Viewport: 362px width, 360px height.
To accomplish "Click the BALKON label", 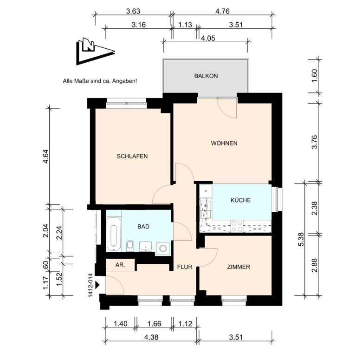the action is click(x=206, y=76).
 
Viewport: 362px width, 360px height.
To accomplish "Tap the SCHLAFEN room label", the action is click(x=132, y=156).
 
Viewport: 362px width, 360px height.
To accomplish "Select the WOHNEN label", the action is click(x=224, y=143).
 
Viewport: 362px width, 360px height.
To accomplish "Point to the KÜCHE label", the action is click(x=240, y=200).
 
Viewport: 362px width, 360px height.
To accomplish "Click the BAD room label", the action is click(x=143, y=226).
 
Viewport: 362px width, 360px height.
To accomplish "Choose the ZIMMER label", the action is click(x=239, y=267).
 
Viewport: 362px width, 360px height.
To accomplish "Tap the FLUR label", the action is click(x=185, y=267).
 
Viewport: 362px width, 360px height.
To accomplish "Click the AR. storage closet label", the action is click(x=120, y=265).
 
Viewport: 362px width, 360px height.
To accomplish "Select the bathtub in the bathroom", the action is click(x=114, y=234).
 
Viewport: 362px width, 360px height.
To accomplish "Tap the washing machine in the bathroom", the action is click(x=163, y=249).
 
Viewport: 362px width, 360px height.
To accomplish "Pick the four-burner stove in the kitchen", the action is click(x=237, y=226).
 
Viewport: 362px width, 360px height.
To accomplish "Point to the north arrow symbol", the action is click(x=95, y=51).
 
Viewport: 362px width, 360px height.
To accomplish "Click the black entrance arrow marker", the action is click(x=97, y=285).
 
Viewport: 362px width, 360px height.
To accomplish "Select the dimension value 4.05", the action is click(x=208, y=38).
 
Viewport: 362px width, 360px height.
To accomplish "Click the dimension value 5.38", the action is click(x=301, y=239).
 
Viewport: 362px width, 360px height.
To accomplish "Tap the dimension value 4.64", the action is click(x=45, y=157).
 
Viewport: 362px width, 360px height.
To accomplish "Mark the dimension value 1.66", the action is click(x=154, y=323).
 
